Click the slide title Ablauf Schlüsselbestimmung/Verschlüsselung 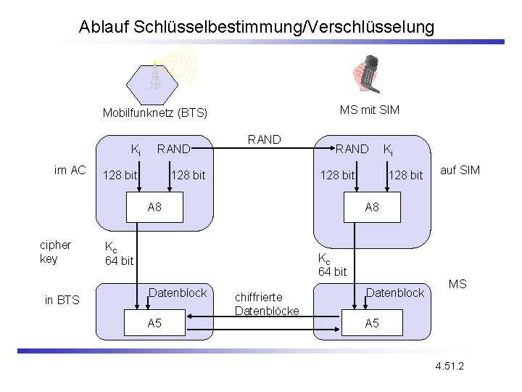tap(257, 28)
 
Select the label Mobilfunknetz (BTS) tap(154, 113)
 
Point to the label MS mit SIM tap(369, 110)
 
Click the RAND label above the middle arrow tap(264, 139)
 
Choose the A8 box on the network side tap(154, 208)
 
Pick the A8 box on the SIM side tap(371, 208)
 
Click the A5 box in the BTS tap(154, 323)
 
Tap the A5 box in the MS tap(371, 323)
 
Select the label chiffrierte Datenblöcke tap(267, 304)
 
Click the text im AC tap(70, 170)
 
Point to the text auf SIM tap(460, 171)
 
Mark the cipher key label tap(55, 252)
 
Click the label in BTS tap(62, 300)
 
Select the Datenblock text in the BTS tap(178, 293)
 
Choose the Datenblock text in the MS tap(395, 293)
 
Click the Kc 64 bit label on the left tap(119, 253)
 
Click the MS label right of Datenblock tap(457, 283)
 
